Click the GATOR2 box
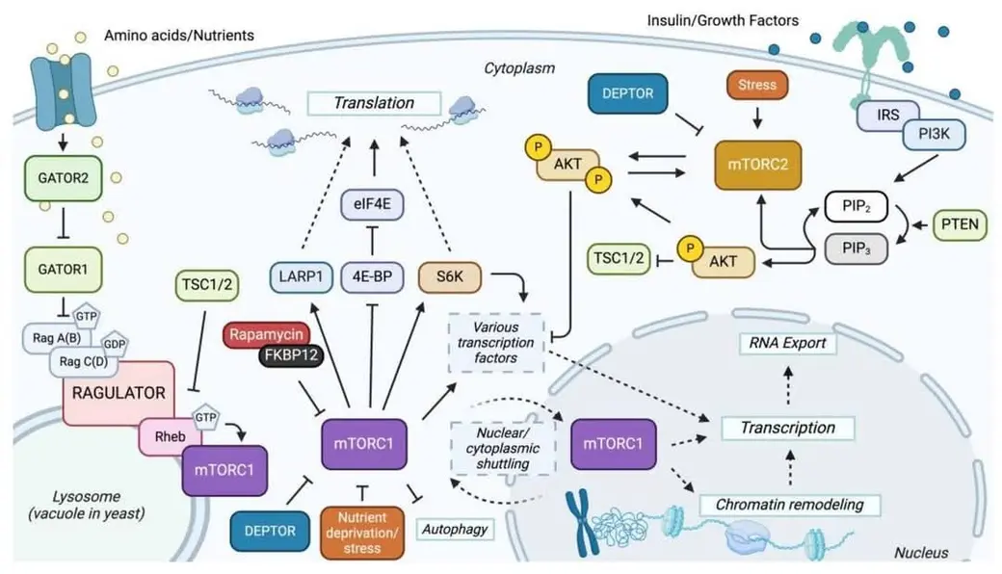64,178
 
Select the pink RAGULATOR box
119,393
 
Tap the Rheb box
170,436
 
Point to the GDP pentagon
115,344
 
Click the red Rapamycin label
266,334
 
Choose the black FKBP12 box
291,355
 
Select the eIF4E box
372,204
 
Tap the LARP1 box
301,277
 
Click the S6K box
449,277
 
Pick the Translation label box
374,103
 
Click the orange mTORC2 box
758,166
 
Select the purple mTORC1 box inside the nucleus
613,444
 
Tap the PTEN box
960,224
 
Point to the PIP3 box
857,248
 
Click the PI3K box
935,134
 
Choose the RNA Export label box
788,344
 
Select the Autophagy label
455,530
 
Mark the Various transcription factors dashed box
496,343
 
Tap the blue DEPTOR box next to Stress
628,93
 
